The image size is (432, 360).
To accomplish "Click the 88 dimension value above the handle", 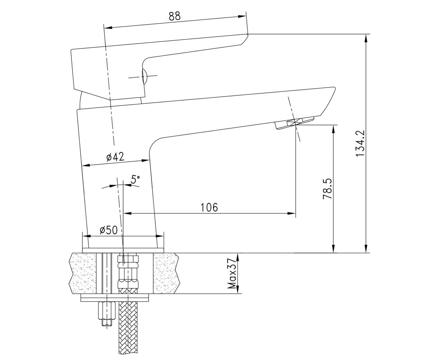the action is point(175,16).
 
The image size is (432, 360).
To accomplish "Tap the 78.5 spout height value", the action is point(328,189).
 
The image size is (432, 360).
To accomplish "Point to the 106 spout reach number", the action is point(210,207).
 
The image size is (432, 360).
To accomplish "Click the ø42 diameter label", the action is point(115,157).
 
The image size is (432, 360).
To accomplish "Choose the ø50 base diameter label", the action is point(108,230).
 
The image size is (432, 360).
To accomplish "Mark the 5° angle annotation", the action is point(135,179).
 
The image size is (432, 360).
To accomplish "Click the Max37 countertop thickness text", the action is point(232,273).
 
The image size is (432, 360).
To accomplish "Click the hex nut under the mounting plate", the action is point(107,311).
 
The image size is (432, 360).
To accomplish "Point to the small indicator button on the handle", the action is point(144,76).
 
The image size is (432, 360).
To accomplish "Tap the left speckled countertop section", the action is point(83,273).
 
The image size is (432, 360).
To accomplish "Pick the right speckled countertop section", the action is point(166,273).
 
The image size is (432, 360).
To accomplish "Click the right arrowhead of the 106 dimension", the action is point(292,213).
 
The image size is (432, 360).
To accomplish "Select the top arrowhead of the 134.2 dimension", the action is point(366,38).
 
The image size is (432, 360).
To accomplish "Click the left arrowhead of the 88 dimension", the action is point(108,28).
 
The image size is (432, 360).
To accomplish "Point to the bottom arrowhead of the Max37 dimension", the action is point(238,290).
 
